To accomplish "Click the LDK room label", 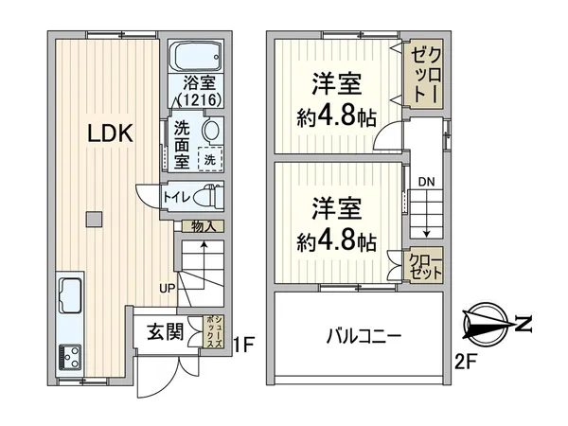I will point(110,135).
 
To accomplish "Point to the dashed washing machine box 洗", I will point(211,159).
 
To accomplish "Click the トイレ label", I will point(178,197).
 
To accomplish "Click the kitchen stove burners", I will point(70,356).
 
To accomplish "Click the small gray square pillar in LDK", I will point(92,220).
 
